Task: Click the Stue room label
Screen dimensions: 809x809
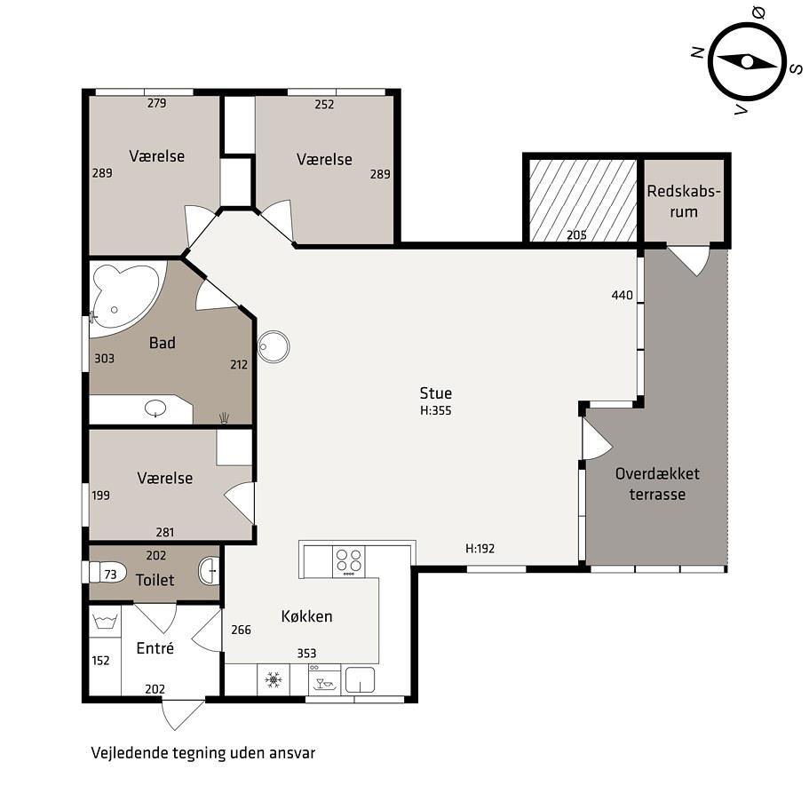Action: tap(435, 393)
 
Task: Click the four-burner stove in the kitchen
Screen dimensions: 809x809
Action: tap(349, 562)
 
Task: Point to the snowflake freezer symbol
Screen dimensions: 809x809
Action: tap(274, 680)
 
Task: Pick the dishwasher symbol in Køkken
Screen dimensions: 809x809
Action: tap(324, 680)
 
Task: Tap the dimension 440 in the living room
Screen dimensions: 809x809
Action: tap(622, 295)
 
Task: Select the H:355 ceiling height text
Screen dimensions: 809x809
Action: tap(435, 410)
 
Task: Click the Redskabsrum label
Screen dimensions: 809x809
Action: tap(684, 202)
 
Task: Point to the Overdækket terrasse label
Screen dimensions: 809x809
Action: tap(657, 484)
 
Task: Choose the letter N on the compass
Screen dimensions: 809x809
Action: tap(698, 52)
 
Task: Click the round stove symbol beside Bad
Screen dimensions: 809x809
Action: tap(274, 346)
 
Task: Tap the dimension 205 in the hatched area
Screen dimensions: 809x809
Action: tap(576, 235)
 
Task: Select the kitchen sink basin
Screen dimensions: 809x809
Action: tap(360, 680)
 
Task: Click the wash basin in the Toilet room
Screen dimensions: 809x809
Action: tap(209, 571)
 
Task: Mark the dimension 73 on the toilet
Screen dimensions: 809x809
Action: tap(110, 575)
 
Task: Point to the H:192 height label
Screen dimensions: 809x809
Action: tap(480, 549)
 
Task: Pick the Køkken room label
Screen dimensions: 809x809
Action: tap(306, 616)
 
